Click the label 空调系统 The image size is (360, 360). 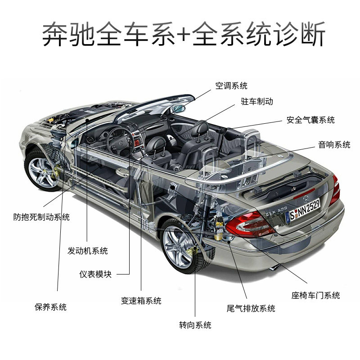[231, 86]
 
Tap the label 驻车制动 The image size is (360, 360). [256, 102]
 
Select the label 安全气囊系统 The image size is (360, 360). [310, 120]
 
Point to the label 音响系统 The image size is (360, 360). [334, 144]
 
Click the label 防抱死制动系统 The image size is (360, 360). [41, 217]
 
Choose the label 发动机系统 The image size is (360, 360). [88, 251]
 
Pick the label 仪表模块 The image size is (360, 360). [95, 274]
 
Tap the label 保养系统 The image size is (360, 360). [50, 307]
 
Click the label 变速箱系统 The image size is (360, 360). [141, 301]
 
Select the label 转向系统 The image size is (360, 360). [195, 325]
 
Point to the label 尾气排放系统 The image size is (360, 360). [251, 308]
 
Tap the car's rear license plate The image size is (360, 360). [304, 210]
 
